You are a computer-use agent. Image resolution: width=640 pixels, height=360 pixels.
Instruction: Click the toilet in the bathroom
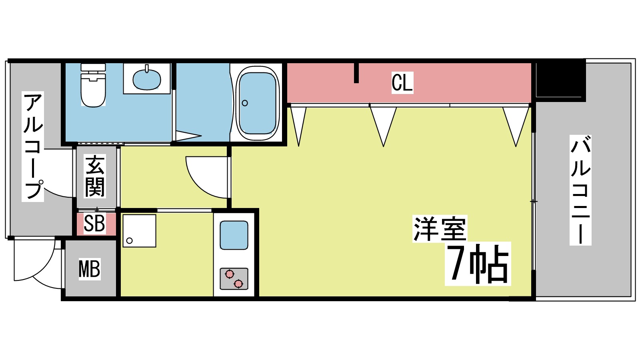tap(93, 85)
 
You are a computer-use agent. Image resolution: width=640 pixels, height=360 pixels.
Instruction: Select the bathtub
tap(257, 103)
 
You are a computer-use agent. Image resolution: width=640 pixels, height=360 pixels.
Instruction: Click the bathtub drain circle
tap(245, 103)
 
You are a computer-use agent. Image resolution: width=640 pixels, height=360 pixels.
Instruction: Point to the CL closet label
tap(402, 83)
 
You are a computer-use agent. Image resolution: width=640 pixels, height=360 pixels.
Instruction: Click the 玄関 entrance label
tap(95, 176)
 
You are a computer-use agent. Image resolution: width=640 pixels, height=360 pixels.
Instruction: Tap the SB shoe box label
tap(94, 224)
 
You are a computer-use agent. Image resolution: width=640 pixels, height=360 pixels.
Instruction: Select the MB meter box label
tap(89, 268)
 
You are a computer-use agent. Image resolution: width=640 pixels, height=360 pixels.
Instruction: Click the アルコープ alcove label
tap(33, 146)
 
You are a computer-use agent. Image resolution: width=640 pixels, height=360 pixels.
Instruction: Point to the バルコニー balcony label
tap(580, 190)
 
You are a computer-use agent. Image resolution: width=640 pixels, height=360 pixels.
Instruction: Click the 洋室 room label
tap(440, 229)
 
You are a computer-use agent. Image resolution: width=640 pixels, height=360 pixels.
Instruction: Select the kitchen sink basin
tap(234, 235)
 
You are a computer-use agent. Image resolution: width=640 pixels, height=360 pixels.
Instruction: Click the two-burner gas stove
tap(234, 279)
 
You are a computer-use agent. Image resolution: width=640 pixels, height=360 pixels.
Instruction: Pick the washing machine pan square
tap(139, 231)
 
